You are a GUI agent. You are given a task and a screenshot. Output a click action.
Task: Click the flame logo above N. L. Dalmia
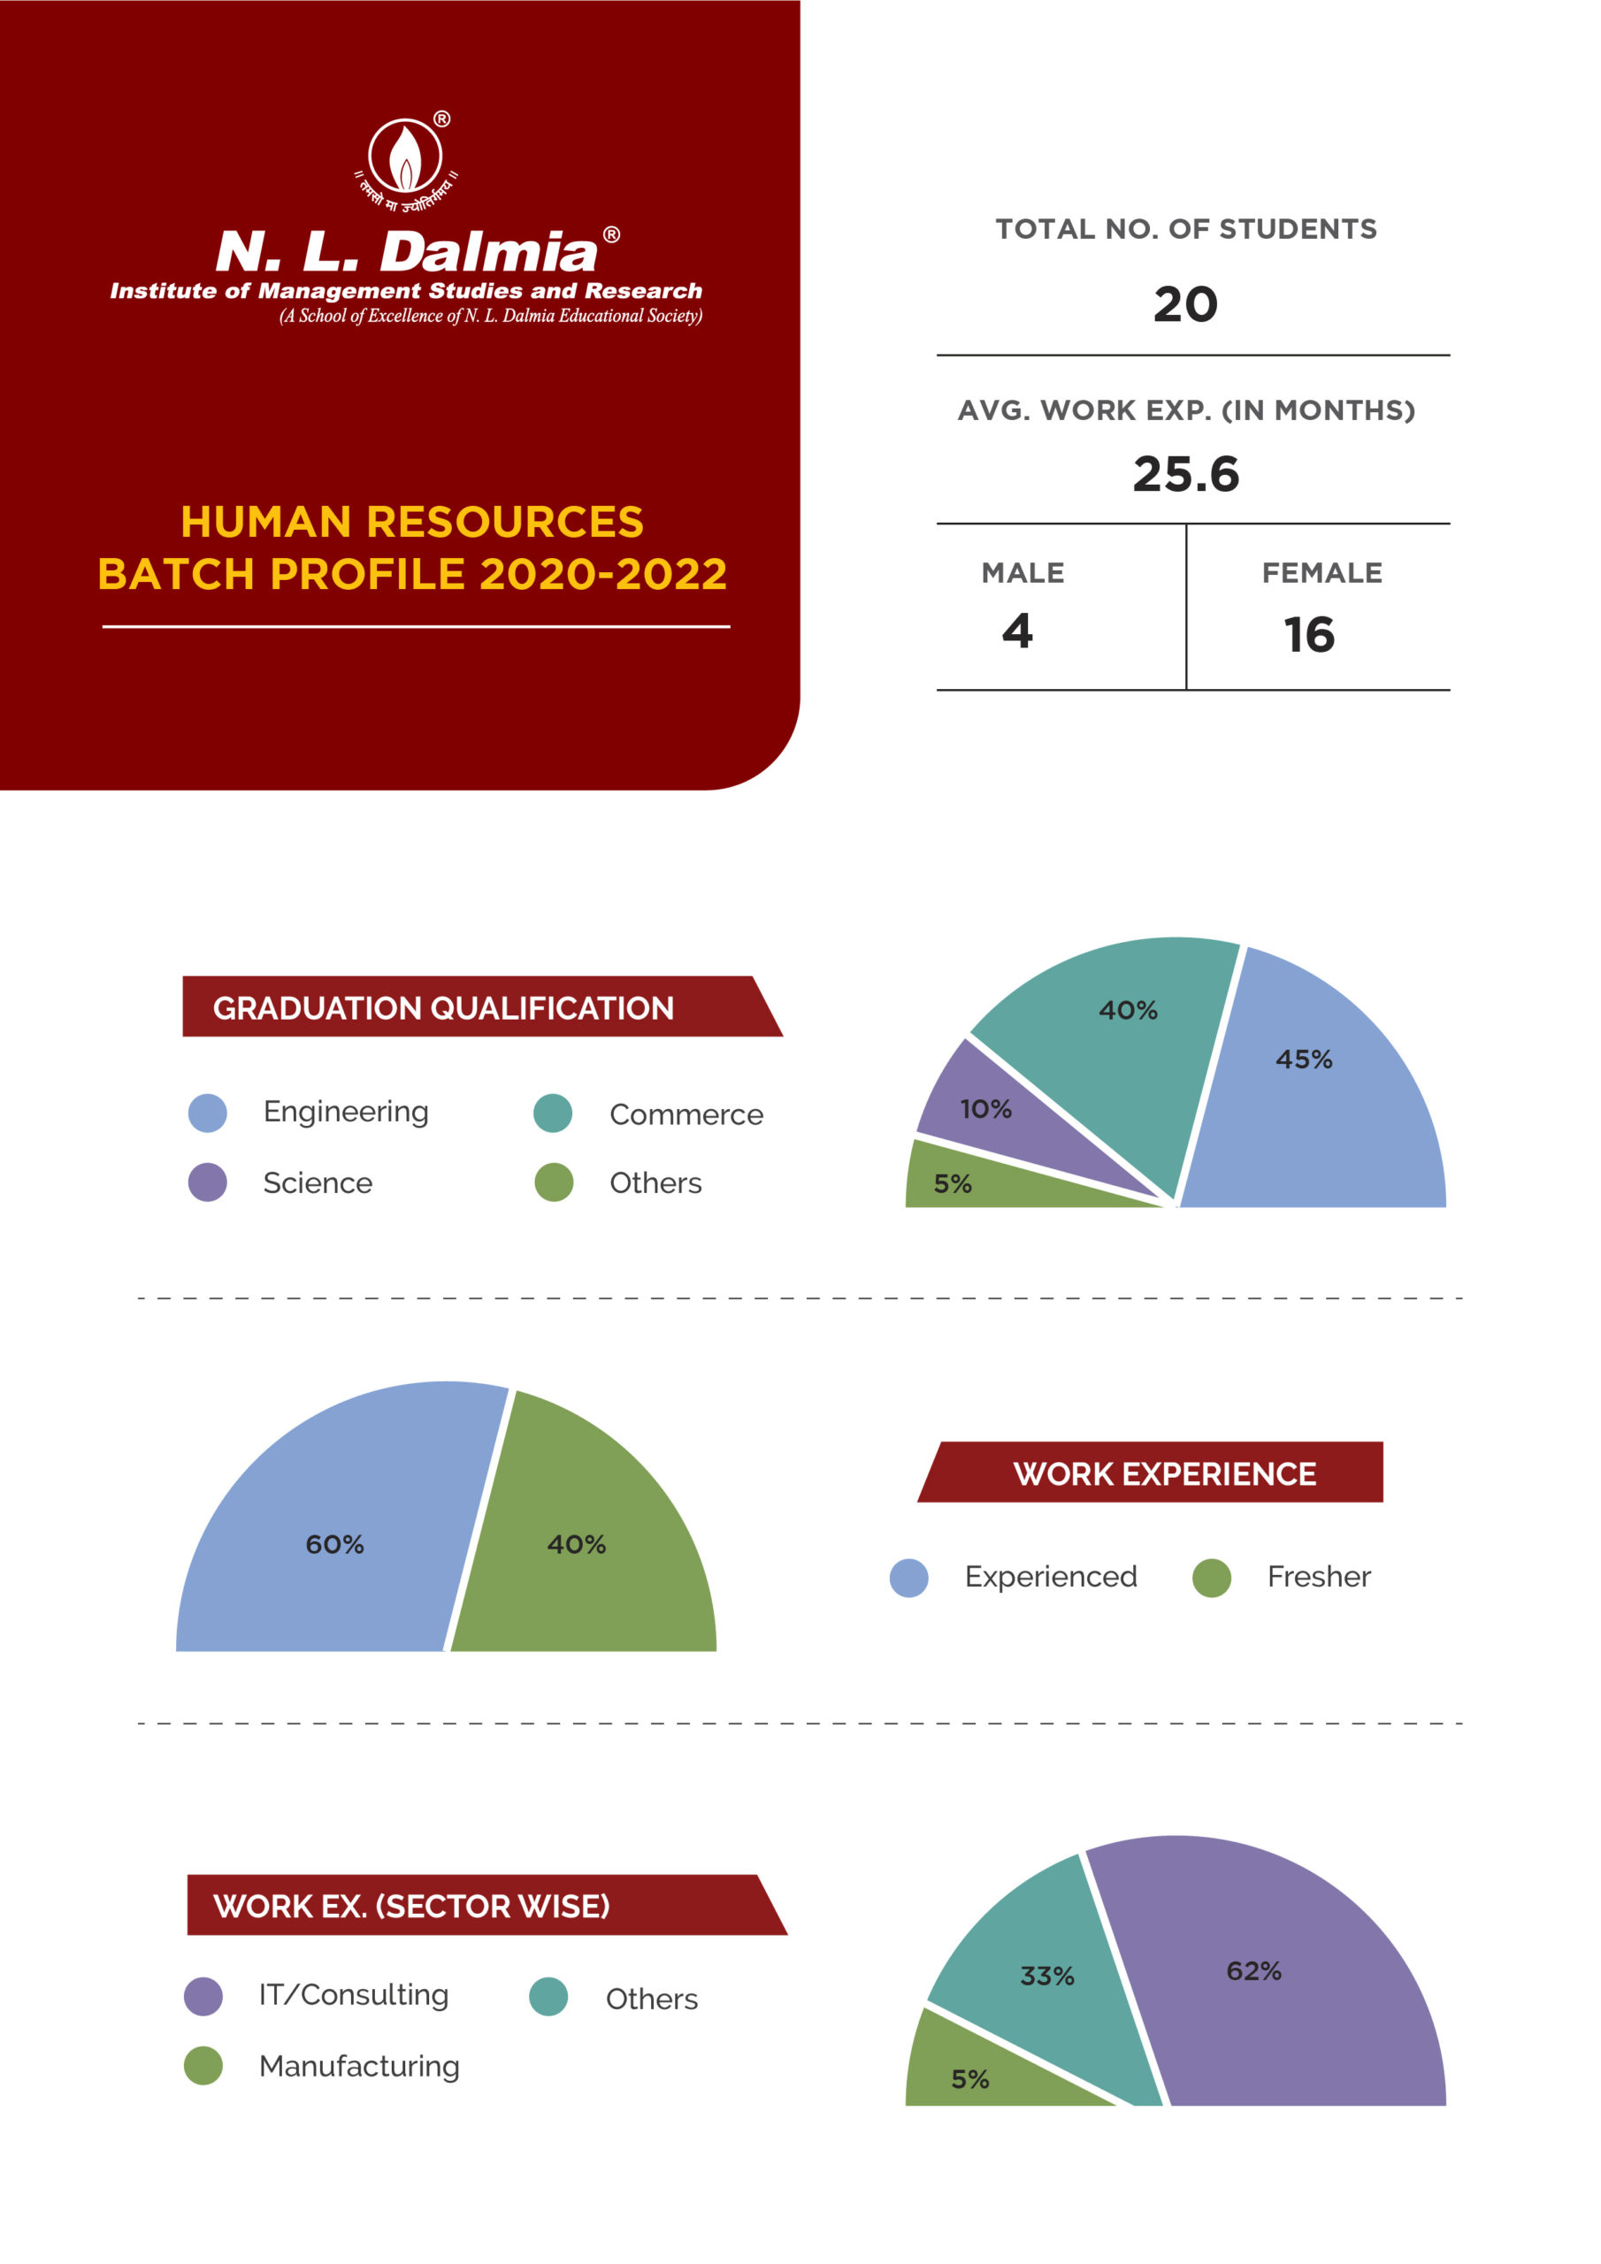pyautogui.click(x=405, y=157)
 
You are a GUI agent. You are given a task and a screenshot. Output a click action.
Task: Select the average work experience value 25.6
pyautogui.click(x=1184, y=474)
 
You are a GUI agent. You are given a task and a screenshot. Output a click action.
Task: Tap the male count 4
pyautogui.click(x=1017, y=631)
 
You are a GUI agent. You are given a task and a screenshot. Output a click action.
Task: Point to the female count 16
pyautogui.click(x=1308, y=635)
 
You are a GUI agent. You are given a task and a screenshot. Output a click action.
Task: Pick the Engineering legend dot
pyautogui.click(x=207, y=1113)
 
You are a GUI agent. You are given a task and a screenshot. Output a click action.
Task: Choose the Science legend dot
pyautogui.click(x=207, y=1182)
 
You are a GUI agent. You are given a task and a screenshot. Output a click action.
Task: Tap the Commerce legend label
pyautogui.click(x=686, y=1114)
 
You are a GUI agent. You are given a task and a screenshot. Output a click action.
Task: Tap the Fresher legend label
pyautogui.click(x=1318, y=1577)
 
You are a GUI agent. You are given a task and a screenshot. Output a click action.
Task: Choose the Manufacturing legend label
pyautogui.click(x=359, y=2066)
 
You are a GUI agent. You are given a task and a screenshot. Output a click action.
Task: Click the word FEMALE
pyautogui.click(x=1321, y=573)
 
